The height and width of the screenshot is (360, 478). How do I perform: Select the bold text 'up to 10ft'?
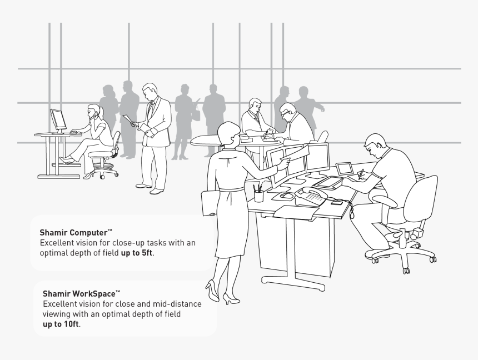(61, 324)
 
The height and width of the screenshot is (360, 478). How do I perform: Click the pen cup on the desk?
(258, 196)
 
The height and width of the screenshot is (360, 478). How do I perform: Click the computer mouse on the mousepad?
(285, 196)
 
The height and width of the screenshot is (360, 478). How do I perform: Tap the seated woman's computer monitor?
(58, 120)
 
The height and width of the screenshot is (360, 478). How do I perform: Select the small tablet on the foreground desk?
(344, 168)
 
